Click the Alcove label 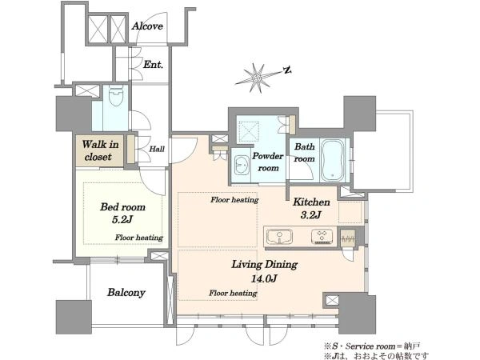pos(147,26)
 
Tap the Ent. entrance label pos(153,65)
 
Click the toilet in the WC pos(116,95)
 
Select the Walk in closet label pos(100,150)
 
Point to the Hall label pos(157,149)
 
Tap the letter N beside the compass pos(287,70)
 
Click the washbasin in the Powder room pos(242,166)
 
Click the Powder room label pos(268,162)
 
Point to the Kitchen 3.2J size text pos(310,215)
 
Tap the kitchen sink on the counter pos(279,237)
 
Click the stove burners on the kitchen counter pos(322,236)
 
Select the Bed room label pos(122,207)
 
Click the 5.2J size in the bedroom pos(122,219)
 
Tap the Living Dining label pos(264,264)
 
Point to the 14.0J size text pos(264,278)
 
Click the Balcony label pos(126,293)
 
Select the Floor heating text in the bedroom pos(139,238)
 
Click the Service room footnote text pos(372,346)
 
